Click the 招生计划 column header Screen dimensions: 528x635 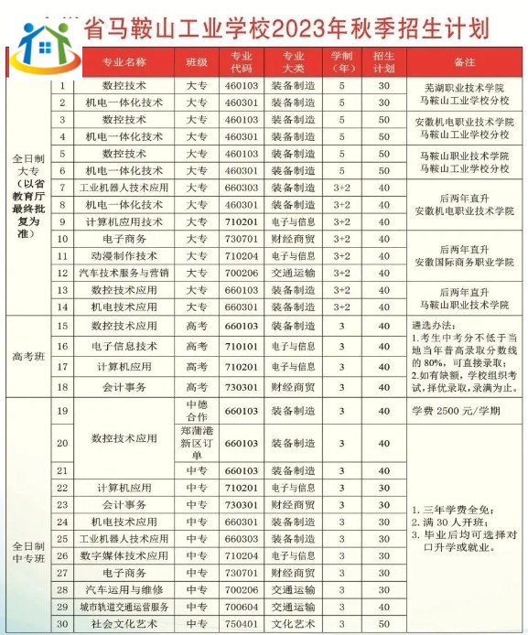384,62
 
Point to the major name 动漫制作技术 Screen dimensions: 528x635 124,255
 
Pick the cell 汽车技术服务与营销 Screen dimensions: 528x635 124,272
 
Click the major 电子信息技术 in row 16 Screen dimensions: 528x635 124,347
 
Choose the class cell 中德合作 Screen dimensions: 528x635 197,411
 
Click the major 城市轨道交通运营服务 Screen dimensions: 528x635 124,607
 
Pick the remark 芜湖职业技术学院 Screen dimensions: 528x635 463,87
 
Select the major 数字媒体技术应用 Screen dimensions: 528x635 124,555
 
